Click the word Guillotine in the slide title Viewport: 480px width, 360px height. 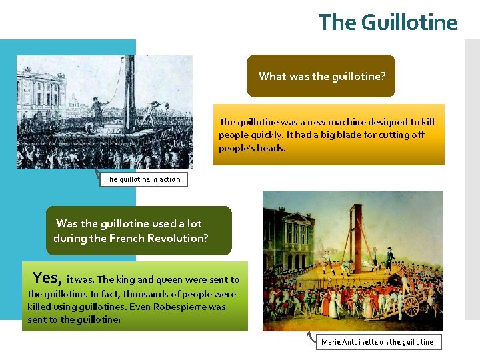coord(409,23)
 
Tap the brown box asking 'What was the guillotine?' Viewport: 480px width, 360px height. coord(321,76)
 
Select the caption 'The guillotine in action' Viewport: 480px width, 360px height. coord(142,179)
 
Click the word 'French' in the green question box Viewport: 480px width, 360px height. coord(119,238)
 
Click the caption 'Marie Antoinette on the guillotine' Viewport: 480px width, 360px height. coord(377,342)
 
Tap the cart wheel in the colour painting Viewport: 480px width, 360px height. coord(411,305)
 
